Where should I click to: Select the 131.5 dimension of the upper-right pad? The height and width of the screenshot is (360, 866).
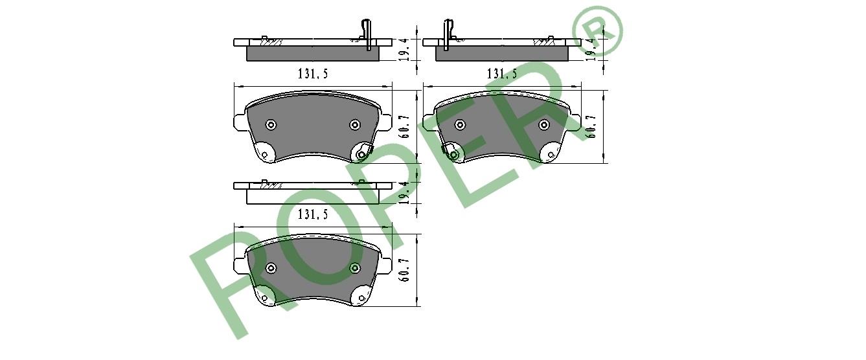501,73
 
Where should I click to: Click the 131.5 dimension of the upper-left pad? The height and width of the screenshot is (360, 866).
313,73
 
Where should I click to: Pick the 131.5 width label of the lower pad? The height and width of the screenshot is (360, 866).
313,214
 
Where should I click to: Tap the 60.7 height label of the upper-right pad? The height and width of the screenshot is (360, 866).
591,127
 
